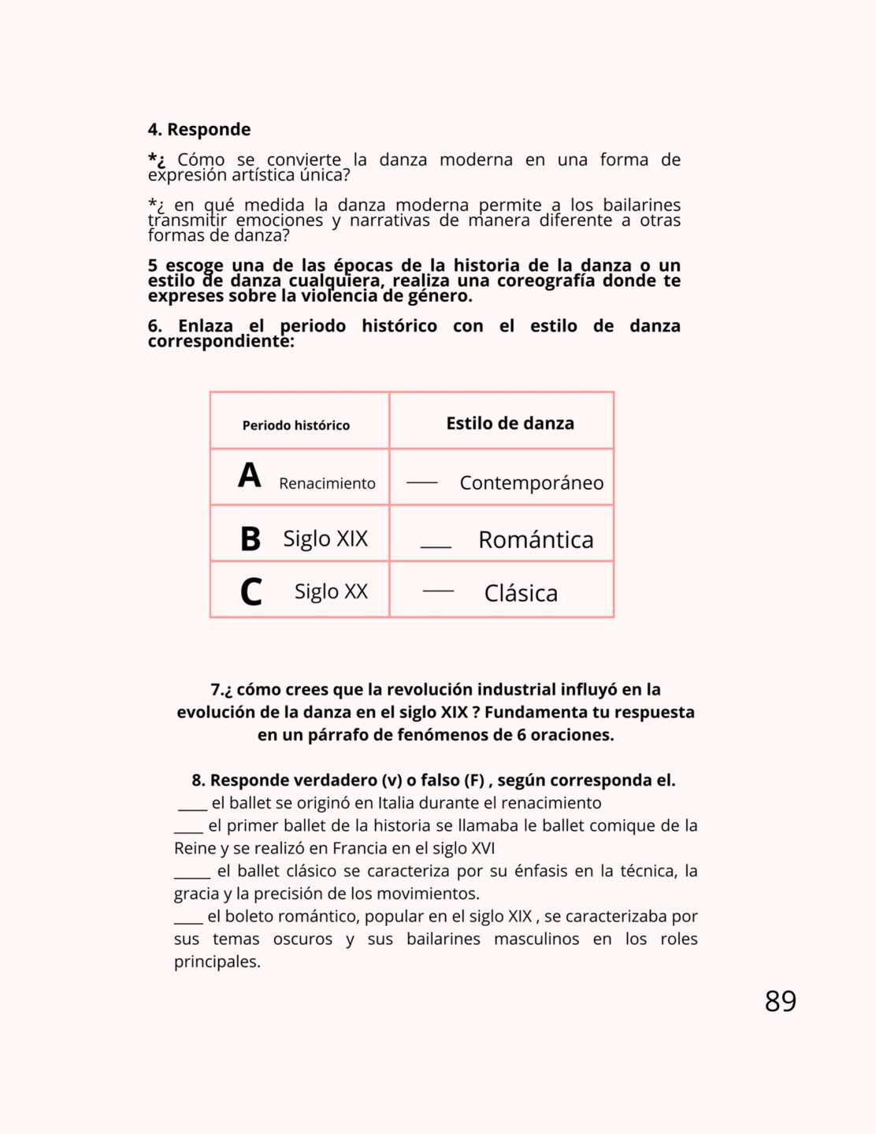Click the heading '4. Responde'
pos(199,129)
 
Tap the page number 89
pos(780,1001)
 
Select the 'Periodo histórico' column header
pos(295,425)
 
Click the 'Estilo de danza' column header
pos(510,423)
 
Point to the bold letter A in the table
pos(250,475)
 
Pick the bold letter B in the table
pos(251,539)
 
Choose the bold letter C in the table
pos(251,592)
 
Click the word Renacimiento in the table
pos(327,484)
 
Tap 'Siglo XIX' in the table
pos(325,539)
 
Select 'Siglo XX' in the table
pos(331,591)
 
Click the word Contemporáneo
pos(532,483)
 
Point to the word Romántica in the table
pos(536,539)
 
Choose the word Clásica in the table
pos(521,593)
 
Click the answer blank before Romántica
pos(436,546)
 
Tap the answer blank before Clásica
pos(438,591)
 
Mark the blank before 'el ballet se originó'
pos(192,808)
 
